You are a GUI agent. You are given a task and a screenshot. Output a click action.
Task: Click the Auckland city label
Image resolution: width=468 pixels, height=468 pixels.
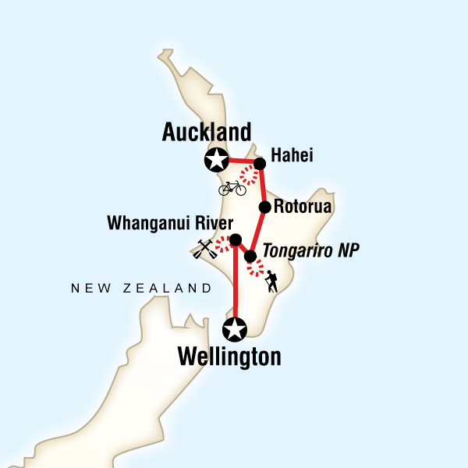tap(206, 132)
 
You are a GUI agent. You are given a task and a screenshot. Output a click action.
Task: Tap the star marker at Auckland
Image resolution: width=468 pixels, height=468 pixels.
tap(215, 161)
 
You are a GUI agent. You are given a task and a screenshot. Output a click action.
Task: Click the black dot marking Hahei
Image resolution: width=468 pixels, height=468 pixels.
tap(260, 164)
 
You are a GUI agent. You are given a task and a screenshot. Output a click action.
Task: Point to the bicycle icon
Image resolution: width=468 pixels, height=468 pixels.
tap(232, 187)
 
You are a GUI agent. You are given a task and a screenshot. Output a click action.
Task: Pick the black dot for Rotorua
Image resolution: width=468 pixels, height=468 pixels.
tap(265, 207)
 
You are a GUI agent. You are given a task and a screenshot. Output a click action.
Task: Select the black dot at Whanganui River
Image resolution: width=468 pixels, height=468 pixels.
tap(236, 240)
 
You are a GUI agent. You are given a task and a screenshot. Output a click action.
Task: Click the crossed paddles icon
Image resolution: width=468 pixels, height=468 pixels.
tap(204, 249)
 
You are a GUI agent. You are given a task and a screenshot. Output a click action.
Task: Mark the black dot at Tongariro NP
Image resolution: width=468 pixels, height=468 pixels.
tap(250, 256)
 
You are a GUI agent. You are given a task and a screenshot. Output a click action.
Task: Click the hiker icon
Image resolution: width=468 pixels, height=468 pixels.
tap(271, 282)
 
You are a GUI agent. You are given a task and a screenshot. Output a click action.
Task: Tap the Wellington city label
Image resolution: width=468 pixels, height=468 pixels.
tap(229, 357)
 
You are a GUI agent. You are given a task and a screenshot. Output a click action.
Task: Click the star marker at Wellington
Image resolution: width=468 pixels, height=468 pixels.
tap(236, 329)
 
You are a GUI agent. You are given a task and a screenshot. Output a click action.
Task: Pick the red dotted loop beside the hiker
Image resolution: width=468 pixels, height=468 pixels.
tap(256, 269)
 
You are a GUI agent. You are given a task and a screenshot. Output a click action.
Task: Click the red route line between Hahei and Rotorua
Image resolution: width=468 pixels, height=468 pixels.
tap(263, 186)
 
